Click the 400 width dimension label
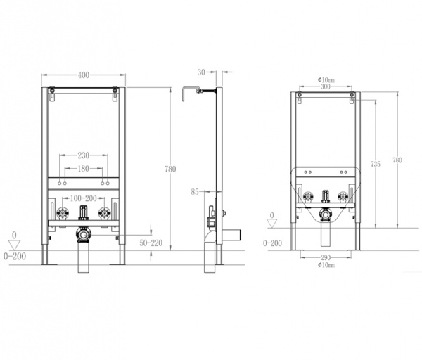coord(84,75)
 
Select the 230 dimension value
coord(84,155)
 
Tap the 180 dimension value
coord(84,169)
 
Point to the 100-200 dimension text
coord(84,198)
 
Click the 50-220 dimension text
coord(151,243)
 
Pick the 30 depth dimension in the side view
coord(201,72)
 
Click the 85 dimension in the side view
coord(195,192)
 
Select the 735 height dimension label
coord(376,164)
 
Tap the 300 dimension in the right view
coord(326,86)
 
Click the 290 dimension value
coord(326,258)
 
